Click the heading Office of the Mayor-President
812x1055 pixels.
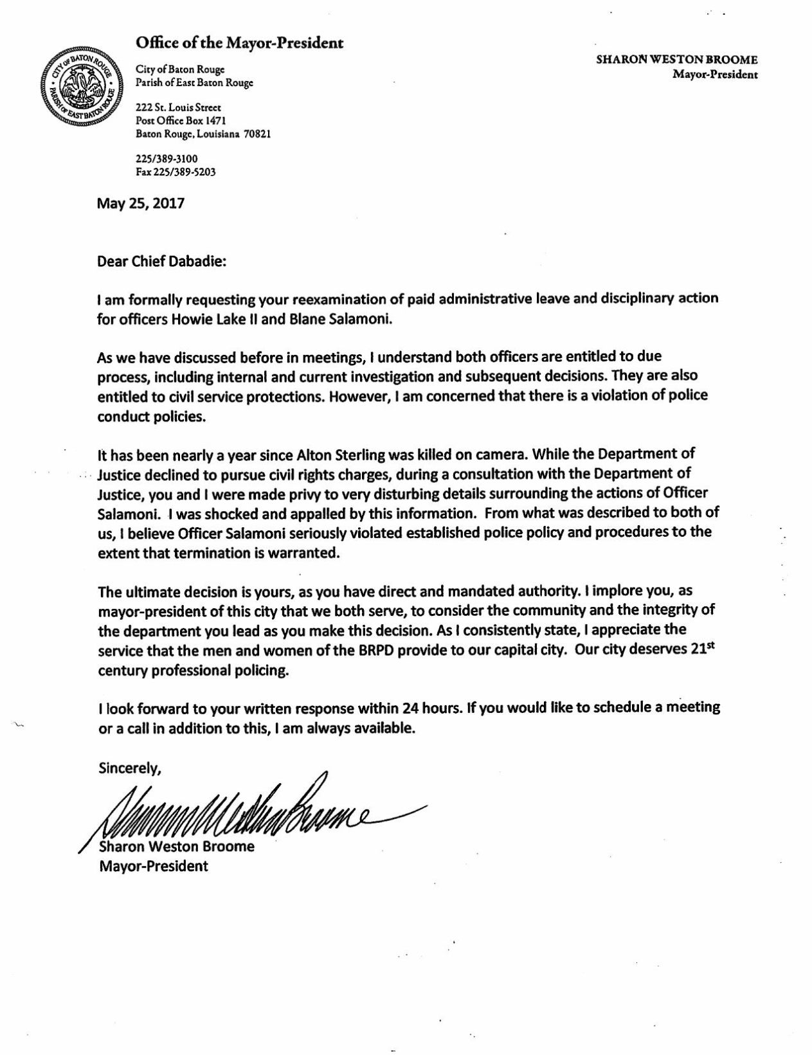pos(239,43)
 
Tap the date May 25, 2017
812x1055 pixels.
pos(141,204)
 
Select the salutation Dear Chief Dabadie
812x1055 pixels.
pos(162,262)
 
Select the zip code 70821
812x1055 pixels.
pos(257,135)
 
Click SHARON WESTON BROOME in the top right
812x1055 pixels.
pos(677,60)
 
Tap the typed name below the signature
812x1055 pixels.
pos(177,846)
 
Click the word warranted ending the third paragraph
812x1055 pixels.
pos(303,554)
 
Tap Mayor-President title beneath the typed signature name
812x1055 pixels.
pos(153,865)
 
